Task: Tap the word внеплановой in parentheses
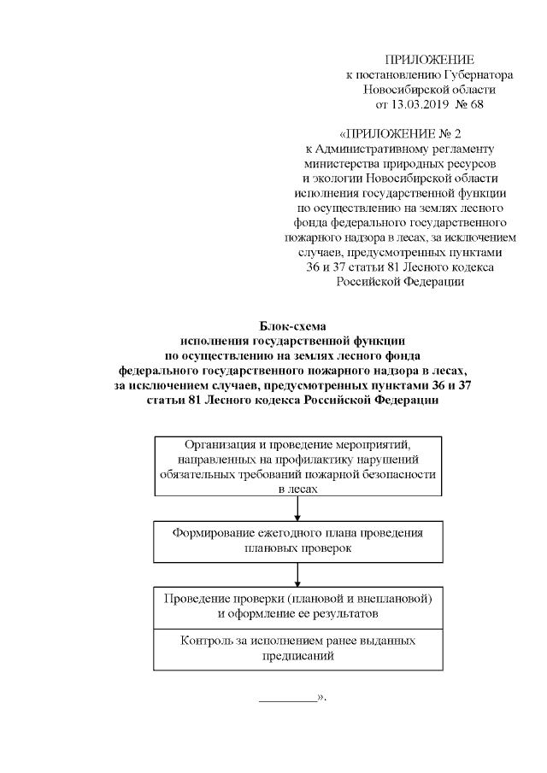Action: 387,598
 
